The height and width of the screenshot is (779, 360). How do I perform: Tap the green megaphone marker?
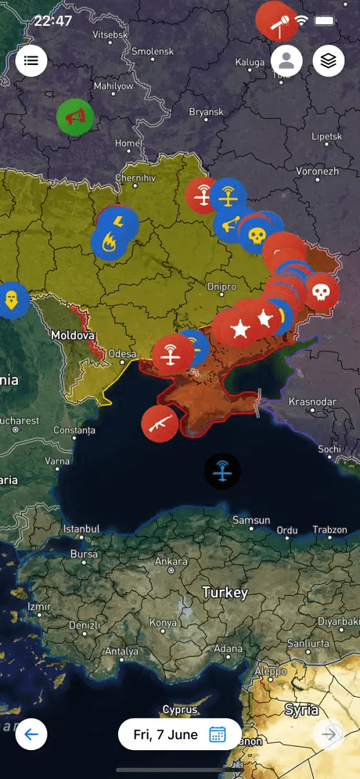(x=75, y=117)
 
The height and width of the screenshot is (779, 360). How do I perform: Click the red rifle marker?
(x=160, y=423)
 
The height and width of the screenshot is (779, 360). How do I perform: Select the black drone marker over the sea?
(x=223, y=471)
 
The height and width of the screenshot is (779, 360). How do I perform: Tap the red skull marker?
(x=321, y=292)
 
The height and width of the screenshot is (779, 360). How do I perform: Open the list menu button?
(x=31, y=60)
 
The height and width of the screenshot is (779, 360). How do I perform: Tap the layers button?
(x=329, y=60)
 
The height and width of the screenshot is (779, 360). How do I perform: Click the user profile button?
(x=287, y=60)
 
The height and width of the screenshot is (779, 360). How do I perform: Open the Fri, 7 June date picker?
(x=179, y=734)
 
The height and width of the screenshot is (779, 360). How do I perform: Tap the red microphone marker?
(x=276, y=21)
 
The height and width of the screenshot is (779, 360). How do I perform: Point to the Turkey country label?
(x=225, y=593)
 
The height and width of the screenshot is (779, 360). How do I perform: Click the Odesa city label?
(x=121, y=354)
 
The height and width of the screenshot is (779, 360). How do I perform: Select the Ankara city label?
(x=171, y=561)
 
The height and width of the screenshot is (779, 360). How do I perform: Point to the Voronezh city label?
(x=317, y=171)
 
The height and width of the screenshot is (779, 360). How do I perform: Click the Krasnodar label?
(x=311, y=402)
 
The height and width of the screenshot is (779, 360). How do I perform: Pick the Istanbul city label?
(x=81, y=528)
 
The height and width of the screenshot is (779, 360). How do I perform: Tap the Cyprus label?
(x=179, y=709)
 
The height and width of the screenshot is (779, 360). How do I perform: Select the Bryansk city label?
(x=206, y=112)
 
